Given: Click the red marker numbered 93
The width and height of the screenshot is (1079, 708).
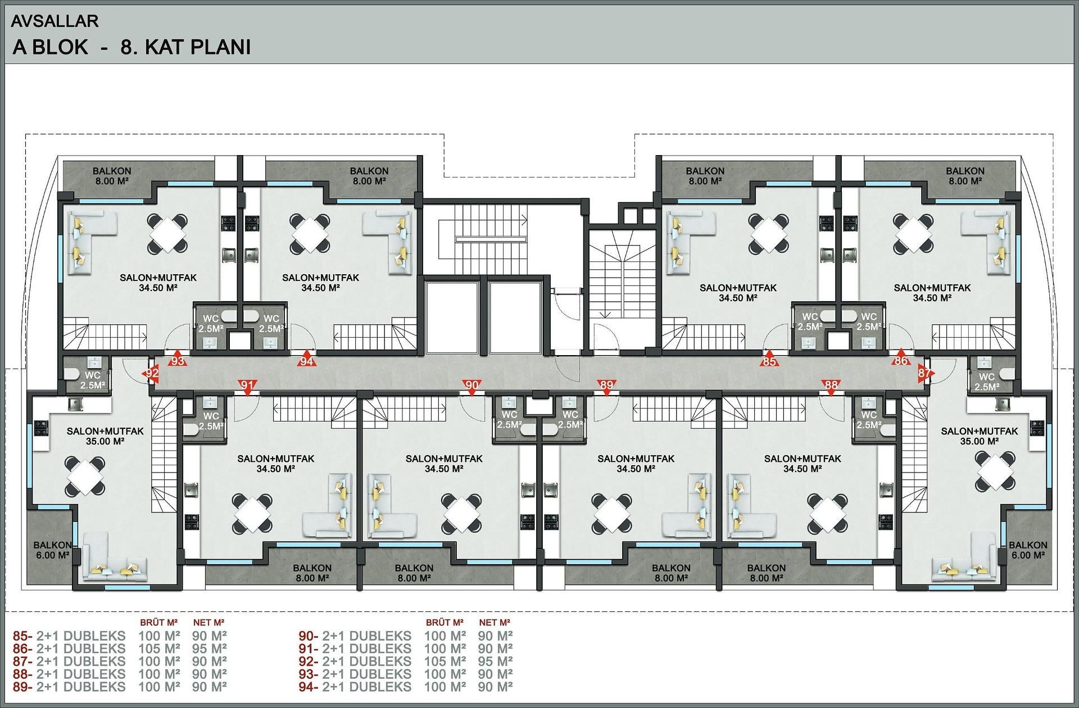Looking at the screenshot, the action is coord(178,360).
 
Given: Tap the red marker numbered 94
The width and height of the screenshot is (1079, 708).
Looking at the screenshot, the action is coord(306,360).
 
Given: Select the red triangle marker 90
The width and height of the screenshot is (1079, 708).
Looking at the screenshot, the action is coord(472,386).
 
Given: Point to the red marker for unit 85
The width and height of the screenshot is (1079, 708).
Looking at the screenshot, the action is coord(769,361).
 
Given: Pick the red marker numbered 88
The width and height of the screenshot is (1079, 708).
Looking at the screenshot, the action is coord(831,386).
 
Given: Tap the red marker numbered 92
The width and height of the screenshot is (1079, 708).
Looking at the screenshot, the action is coord(152,373).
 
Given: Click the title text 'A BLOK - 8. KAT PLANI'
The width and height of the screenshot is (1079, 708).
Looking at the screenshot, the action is coord(132,47).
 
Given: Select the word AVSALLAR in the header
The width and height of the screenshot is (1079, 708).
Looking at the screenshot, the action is coord(55,21).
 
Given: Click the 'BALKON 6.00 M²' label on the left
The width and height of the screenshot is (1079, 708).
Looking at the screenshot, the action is coord(52,550).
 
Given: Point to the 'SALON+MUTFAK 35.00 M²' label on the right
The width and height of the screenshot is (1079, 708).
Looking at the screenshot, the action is coord(980,436).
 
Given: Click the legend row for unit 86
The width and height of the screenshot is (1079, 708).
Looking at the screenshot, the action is coord(120,649).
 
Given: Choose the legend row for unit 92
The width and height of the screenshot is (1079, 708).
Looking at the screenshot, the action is coord(406,661).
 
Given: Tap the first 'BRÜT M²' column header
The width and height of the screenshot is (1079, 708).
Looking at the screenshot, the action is coord(159,623).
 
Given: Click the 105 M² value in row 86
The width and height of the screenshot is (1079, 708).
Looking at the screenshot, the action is coord(159,649).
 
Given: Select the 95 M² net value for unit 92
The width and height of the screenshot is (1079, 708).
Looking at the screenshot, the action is coord(495,661).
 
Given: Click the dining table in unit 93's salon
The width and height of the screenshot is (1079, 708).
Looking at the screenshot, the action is coord(167,233).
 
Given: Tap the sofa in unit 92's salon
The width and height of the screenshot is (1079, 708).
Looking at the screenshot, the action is coord(115,556).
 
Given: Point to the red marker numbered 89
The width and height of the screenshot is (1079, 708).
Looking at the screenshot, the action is coord(606,386).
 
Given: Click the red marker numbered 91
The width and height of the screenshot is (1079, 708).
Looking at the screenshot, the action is coord(247,386).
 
